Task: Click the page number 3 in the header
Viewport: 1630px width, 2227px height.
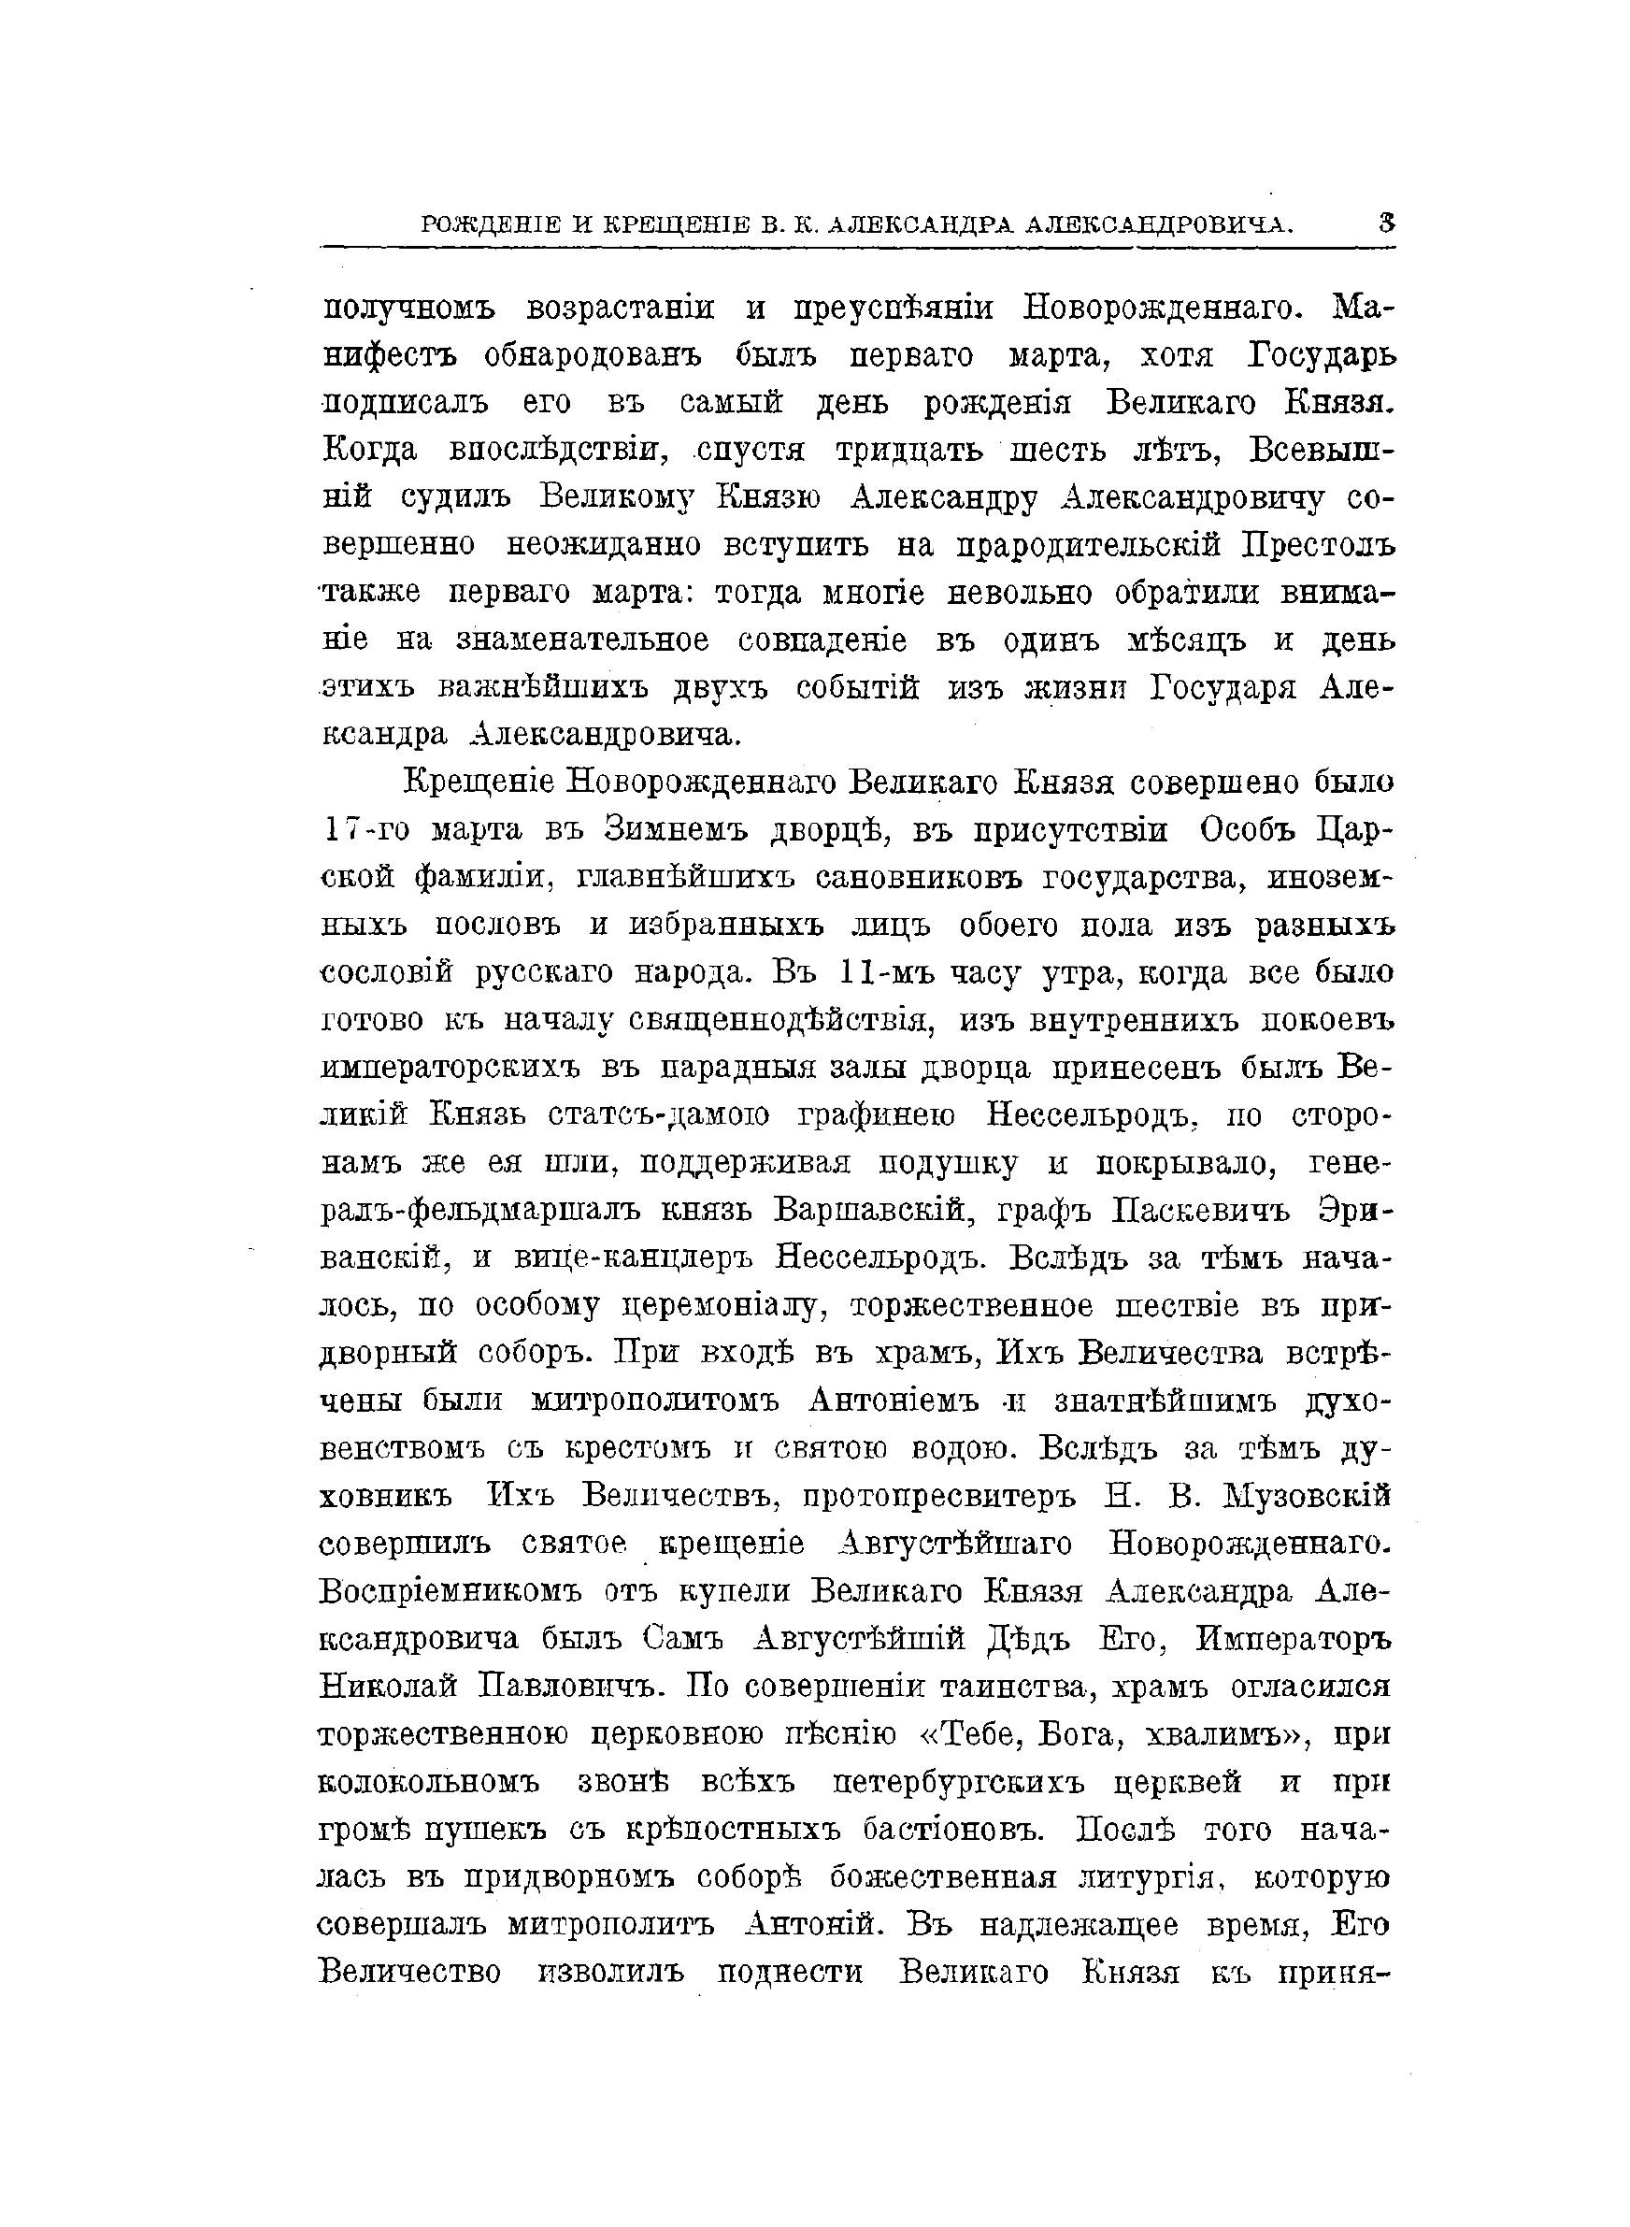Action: (1386, 224)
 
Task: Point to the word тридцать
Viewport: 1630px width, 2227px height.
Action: (908, 450)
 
